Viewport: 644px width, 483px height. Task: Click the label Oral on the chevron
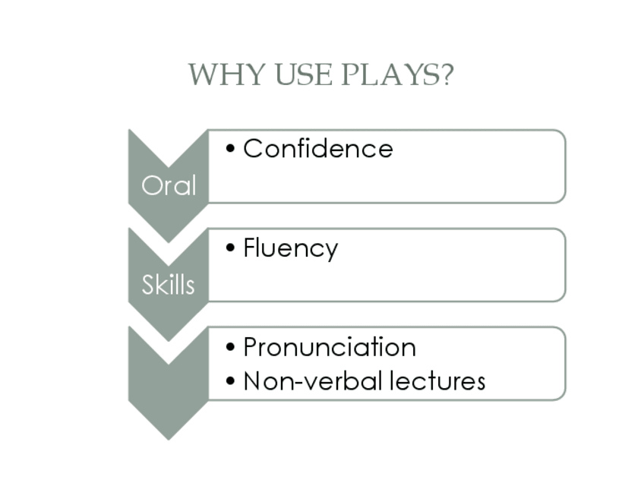coord(169,185)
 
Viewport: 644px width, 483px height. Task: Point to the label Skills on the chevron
coord(168,285)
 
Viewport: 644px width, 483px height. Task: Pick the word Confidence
coord(317,148)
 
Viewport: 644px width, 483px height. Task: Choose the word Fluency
coord(290,248)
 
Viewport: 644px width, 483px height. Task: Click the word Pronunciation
coord(329,347)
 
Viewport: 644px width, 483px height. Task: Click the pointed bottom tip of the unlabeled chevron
coord(168,437)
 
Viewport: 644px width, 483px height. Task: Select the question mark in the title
coord(446,75)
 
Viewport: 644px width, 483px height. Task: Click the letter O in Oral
coord(152,185)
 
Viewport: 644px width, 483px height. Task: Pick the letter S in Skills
coord(147,285)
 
